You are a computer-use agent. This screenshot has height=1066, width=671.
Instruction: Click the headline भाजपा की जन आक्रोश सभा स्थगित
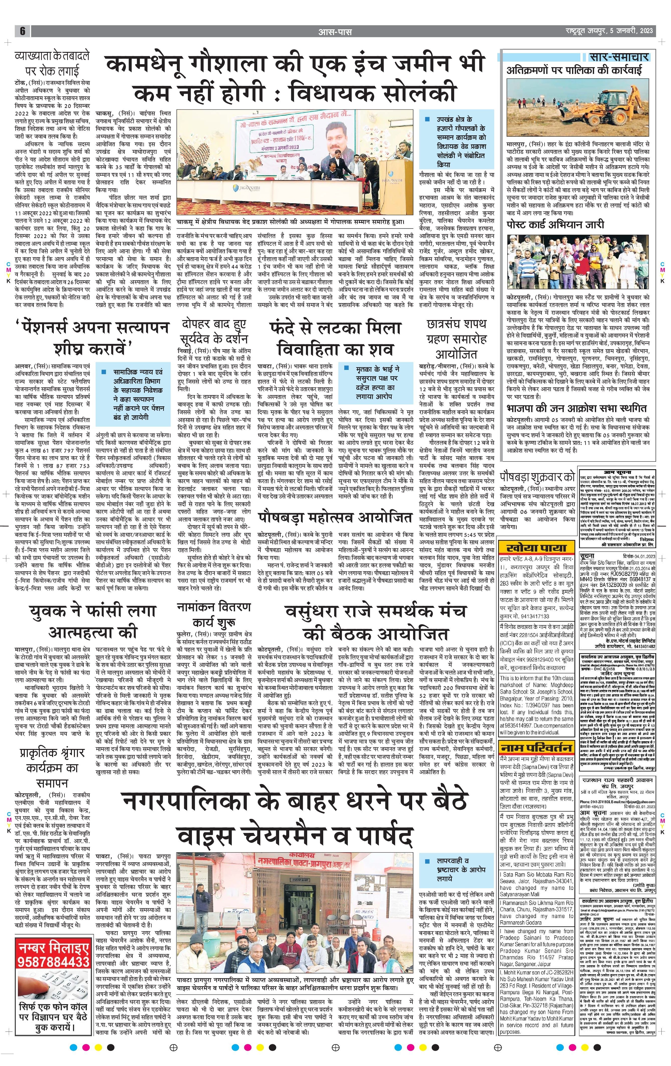[576, 408]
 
